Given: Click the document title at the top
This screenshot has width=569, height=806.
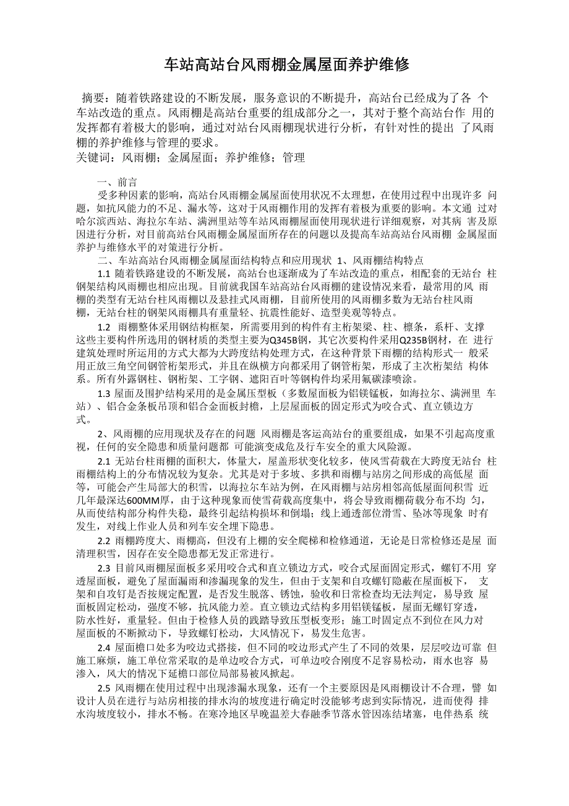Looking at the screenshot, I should [286, 64].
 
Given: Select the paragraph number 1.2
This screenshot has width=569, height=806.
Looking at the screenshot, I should [104, 327].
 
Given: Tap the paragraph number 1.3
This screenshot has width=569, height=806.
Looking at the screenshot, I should [104, 393].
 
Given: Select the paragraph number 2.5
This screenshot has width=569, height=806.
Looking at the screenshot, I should [104, 688].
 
